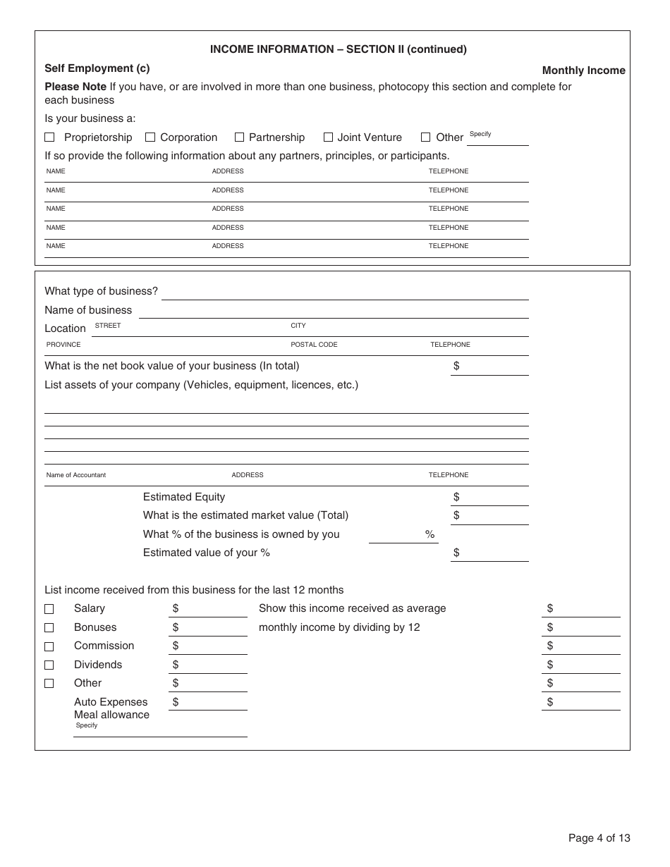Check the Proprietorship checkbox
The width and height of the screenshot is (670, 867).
(x=49, y=137)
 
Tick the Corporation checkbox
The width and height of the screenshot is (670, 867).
(x=150, y=137)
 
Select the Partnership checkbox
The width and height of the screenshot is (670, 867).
(x=239, y=137)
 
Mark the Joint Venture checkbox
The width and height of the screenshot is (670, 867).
(x=328, y=137)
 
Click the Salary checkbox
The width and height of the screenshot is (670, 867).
(x=49, y=609)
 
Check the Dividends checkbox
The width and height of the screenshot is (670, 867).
(x=49, y=665)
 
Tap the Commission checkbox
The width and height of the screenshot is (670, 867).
(x=49, y=646)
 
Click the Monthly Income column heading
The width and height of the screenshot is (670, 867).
(x=583, y=70)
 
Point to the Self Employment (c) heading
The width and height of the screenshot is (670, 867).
(x=97, y=68)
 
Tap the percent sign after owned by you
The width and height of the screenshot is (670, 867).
(x=430, y=535)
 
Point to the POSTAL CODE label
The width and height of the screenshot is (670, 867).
(x=314, y=345)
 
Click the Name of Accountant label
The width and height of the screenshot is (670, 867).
(x=76, y=475)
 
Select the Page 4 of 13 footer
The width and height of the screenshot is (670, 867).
(x=599, y=838)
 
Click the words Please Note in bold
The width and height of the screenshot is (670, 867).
(x=75, y=87)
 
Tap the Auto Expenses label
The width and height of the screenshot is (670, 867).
(x=111, y=702)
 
